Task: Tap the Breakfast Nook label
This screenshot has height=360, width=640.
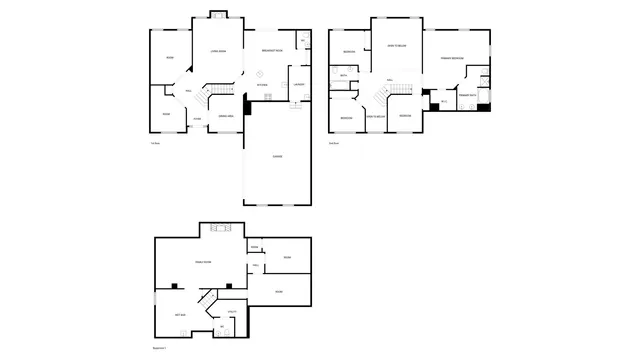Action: coord(271,50)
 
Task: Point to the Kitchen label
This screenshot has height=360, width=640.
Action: coord(261,84)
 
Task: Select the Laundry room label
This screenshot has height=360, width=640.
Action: coord(298,84)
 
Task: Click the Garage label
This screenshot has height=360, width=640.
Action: coord(277,156)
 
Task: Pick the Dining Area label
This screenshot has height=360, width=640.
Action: coord(226,116)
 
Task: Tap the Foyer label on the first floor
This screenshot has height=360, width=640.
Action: coord(198,119)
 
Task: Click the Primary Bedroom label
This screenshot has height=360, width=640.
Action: coord(451,59)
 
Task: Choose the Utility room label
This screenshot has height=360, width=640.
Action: coord(230,312)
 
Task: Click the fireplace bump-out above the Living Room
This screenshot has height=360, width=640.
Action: coord(218,14)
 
